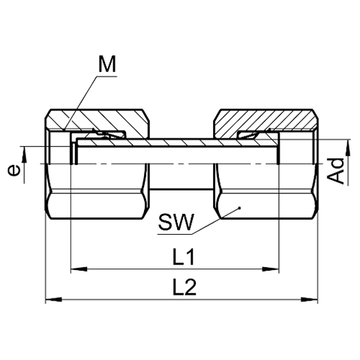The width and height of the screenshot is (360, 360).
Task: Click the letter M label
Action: click(107, 64)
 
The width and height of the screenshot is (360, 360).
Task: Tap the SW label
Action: click(175, 222)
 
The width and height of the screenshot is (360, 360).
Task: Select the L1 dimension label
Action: click(184, 256)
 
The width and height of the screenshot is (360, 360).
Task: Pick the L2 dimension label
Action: click(184, 286)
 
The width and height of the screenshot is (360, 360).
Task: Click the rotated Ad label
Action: click(336, 171)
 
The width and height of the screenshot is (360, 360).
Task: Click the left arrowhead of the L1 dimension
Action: click(79, 269)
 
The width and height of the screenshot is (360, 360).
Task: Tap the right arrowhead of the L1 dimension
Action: click(271, 269)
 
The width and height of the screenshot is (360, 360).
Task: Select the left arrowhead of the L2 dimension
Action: click(53, 299)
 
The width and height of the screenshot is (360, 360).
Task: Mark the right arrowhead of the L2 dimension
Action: click(310, 299)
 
